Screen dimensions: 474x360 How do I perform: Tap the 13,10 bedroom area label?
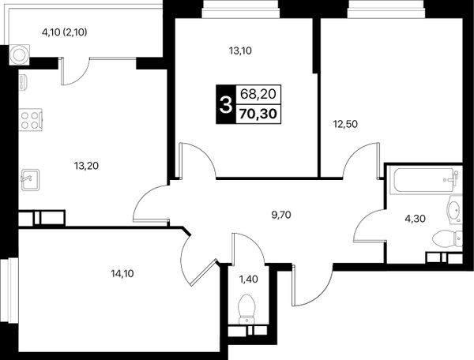(x=240, y=51)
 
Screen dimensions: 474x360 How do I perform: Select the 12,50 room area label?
(x=345, y=124)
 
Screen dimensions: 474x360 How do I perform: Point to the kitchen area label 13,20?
(x=86, y=166)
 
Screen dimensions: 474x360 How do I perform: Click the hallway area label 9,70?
(x=281, y=215)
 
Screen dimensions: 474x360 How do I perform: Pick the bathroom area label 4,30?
(x=416, y=219)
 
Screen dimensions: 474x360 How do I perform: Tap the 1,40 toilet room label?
(x=249, y=279)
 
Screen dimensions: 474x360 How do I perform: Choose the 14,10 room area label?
(x=122, y=274)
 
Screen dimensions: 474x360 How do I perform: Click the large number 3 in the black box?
(x=225, y=104)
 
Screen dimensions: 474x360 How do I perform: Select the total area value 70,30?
(x=258, y=114)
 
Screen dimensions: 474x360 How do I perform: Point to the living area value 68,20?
(x=258, y=94)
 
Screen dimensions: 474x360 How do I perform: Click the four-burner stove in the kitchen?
(x=30, y=120)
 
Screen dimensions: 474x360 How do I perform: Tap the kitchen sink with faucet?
(x=30, y=180)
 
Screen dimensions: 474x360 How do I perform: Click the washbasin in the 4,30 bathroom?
(x=455, y=209)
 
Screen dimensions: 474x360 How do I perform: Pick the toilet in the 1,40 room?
(x=247, y=309)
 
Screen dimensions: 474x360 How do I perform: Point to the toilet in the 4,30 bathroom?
(x=447, y=238)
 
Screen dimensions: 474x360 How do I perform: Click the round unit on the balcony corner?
(x=19, y=54)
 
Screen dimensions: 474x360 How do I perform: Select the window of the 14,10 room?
(x=9, y=291)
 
